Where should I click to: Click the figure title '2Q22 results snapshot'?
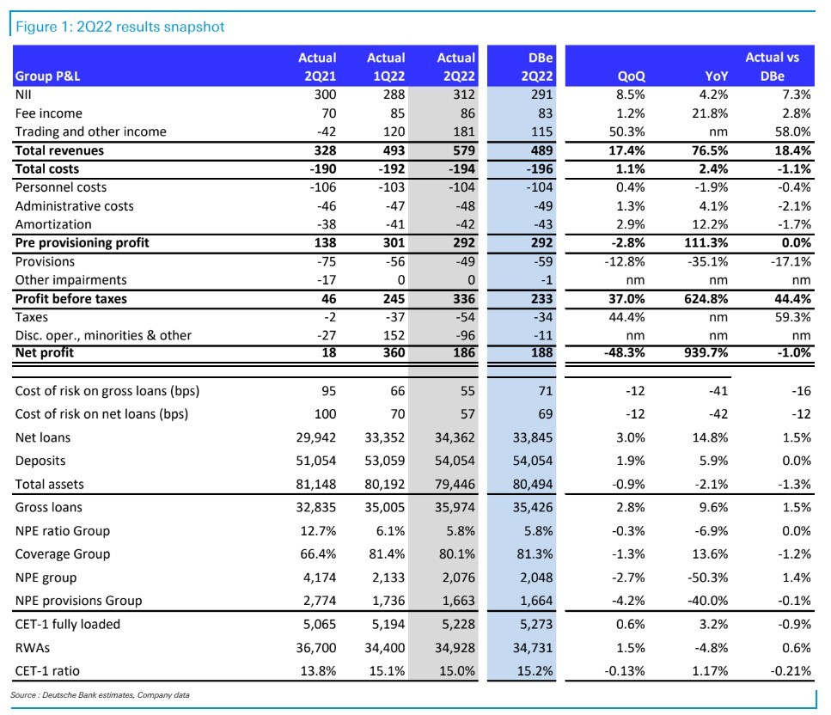(x=150, y=27)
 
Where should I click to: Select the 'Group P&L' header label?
(x=48, y=76)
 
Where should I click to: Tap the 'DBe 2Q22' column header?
(x=536, y=67)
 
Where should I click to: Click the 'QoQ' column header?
(x=632, y=76)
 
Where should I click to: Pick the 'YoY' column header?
(x=716, y=76)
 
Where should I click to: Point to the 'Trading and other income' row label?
(x=90, y=131)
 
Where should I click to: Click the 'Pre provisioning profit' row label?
(x=82, y=242)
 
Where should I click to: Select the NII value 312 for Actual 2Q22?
(x=464, y=95)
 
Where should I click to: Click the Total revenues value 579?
(x=464, y=150)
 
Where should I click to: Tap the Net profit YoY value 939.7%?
(x=706, y=352)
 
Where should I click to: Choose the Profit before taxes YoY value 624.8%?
(x=706, y=299)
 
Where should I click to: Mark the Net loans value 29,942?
(x=316, y=437)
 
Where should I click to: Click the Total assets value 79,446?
(x=455, y=484)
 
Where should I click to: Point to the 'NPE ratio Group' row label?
(x=63, y=530)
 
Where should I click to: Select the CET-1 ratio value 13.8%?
(x=318, y=670)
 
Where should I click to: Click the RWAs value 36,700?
(x=316, y=647)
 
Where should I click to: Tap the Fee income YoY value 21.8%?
(x=710, y=113)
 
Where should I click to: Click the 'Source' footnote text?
(x=100, y=695)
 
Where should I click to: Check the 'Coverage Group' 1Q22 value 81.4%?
(x=387, y=554)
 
